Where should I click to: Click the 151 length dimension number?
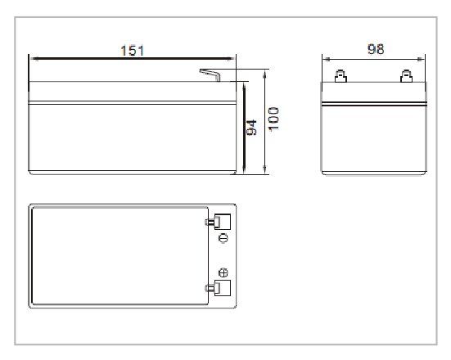[132, 51]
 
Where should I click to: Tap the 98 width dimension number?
[376, 49]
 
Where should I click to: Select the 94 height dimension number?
[251, 128]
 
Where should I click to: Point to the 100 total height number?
[273, 119]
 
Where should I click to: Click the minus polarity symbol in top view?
[223, 238]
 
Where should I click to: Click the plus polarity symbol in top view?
[223, 272]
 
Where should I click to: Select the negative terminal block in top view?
[219, 222]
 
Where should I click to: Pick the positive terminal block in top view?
[219, 288]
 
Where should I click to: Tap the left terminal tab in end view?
[341, 76]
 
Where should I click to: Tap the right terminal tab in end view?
[406, 76]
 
